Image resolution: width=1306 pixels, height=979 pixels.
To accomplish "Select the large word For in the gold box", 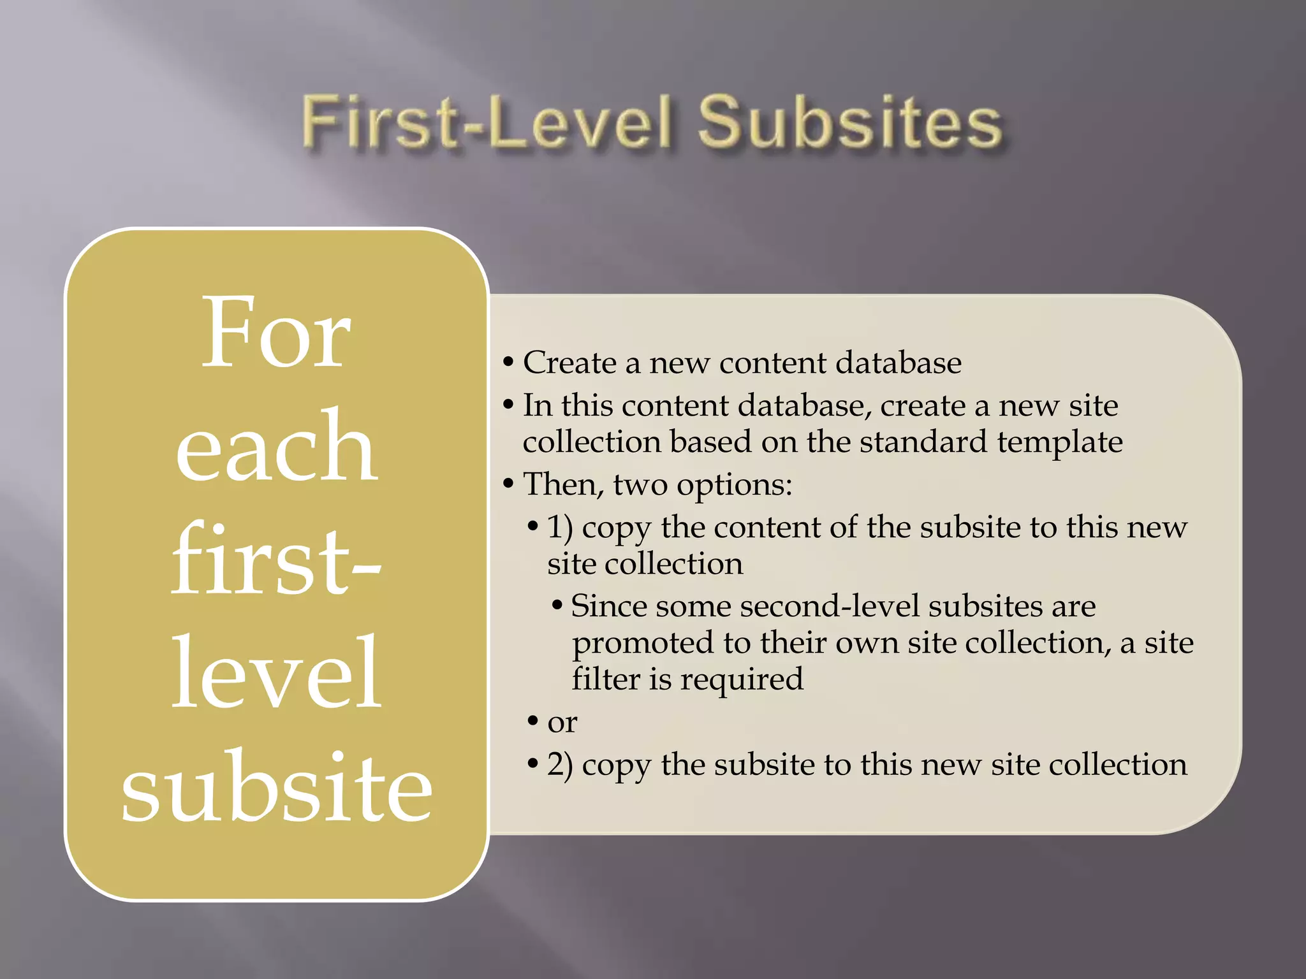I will coord(276,333).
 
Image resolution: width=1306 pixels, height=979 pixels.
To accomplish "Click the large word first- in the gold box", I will coord(276,560).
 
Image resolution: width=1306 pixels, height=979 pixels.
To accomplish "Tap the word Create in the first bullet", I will coord(569,363).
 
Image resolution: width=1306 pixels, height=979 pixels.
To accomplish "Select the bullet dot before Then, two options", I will coord(508,484).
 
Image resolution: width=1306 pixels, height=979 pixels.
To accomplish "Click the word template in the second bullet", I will coord(1059,442).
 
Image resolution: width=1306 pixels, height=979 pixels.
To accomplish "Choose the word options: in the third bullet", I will coord(734,485).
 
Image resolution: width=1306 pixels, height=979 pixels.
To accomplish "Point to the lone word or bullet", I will coord(562,723).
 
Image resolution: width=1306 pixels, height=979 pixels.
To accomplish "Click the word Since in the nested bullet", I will coord(608,606).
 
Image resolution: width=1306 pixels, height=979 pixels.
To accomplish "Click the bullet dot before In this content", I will coord(508,405).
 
